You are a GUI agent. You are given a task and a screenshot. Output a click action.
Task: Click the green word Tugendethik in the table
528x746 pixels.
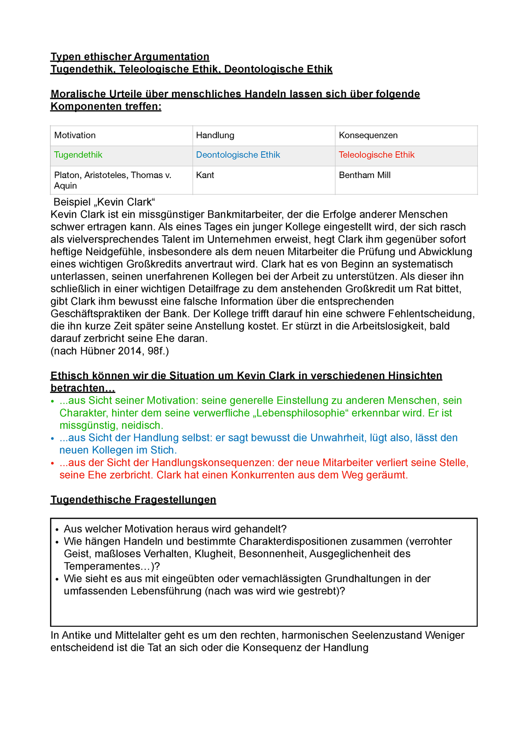click(x=78, y=155)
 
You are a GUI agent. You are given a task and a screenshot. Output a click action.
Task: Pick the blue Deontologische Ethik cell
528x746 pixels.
click(x=238, y=155)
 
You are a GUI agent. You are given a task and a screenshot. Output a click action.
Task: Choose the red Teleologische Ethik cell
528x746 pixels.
click(x=377, y=155)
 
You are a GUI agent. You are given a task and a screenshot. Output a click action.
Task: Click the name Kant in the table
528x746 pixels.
click(x=205, y=175)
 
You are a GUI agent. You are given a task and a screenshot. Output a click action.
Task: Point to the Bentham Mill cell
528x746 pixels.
click(x=364, y=175)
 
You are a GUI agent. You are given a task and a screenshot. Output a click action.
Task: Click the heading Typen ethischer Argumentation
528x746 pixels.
click(x=130, y=57)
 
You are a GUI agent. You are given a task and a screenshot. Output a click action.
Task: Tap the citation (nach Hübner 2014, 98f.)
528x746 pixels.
click(x=110, y=351)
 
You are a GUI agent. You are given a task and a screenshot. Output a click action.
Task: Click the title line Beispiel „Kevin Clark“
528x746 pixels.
click(x=104, y=202)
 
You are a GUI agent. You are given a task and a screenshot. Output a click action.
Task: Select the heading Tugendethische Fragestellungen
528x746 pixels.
click(x=133, y=500)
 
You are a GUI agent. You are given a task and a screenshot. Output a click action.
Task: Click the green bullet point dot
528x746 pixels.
click(x=53, y=401)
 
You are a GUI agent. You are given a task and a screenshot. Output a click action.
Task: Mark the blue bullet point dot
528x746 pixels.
click(x=53, y=438)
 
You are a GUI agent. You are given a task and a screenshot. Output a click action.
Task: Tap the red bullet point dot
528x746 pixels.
click(x=53, y=463)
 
